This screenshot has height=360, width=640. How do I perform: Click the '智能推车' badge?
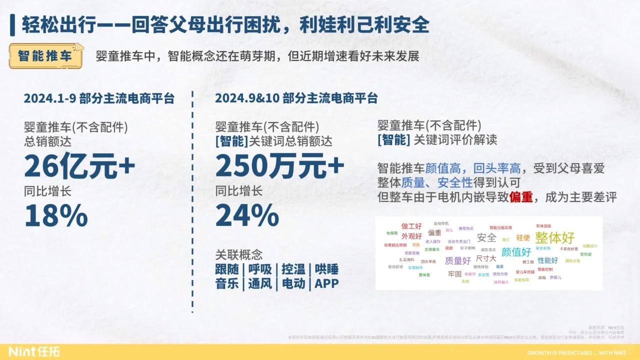pos(45,56)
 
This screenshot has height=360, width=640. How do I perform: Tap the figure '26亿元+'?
pos(79,167)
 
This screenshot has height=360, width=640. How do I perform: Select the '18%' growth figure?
pos(56,215)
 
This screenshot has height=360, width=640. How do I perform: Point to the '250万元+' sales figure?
pos(279,167)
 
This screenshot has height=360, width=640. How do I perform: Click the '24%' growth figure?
pos(247,215)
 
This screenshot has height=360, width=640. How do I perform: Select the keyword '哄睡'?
pos(326,269)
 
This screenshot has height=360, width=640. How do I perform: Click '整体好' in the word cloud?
pos(554,237)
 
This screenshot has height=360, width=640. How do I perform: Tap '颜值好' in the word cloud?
pos(516,251)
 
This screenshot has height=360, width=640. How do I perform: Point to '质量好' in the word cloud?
pos(457,260)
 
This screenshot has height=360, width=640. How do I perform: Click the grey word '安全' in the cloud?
pos(486,237)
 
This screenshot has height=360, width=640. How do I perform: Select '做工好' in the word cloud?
pos(411,226)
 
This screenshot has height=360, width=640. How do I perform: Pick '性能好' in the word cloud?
pos(547,260)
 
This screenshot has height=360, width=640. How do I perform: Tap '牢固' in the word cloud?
pos(454,274)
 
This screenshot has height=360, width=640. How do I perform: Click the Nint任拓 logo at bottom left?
pos(33,351)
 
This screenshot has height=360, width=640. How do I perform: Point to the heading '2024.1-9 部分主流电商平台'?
pos(99,98)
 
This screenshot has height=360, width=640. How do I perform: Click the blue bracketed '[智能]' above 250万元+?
pos(231,141)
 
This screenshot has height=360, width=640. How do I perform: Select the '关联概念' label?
pos(238,254)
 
